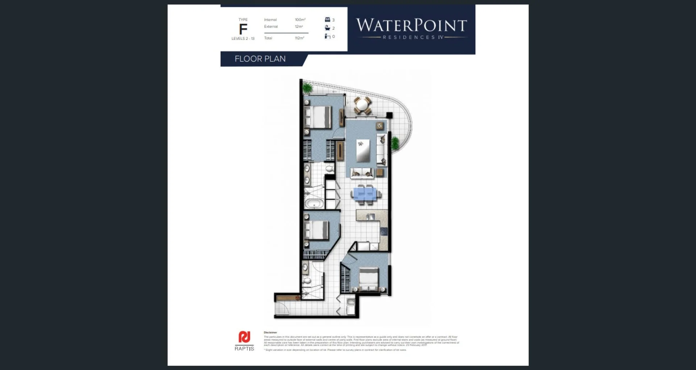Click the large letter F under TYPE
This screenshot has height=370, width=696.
(243, 29)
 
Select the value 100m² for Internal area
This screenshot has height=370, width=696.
(300, 20)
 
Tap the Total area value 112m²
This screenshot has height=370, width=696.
(299, 38)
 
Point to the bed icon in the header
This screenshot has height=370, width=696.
(327, 20)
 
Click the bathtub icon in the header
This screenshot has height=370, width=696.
(327, 28)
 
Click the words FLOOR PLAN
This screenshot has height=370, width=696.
(260, 59)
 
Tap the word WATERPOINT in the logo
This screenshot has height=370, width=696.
(411, 25)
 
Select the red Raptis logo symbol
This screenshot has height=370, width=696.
(244, 337)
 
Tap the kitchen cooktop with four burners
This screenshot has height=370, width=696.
(384, 231)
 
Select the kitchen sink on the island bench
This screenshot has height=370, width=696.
(370, 217)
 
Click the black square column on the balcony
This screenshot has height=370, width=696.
(389, 115)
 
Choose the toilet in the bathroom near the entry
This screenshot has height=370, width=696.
(307, 281)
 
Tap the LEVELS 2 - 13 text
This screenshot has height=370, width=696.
(243, 38)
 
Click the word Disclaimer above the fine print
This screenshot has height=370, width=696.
(270, 332)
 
